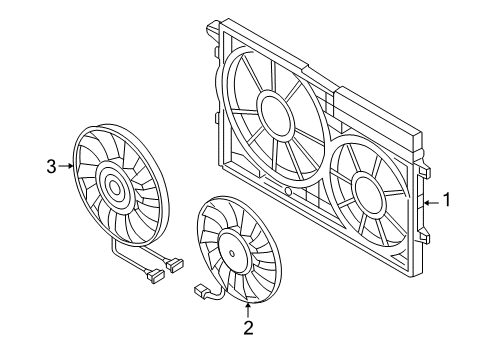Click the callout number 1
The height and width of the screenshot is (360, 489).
pos(446,199)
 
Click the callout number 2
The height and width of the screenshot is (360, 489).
pos(248,327)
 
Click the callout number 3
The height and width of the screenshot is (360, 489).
pos(51,166)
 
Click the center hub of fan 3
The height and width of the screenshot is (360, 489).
pos(114,187)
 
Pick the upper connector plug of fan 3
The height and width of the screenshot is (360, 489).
pos(175,265)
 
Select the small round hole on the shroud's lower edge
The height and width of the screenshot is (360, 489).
pos(289,192)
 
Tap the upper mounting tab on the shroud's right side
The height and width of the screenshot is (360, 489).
pos(425,172)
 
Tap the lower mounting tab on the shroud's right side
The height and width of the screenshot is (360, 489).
pos(425,237)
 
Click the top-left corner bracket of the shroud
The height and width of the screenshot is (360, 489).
pos(213,27)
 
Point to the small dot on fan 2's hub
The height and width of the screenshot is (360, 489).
pos(231,253)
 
